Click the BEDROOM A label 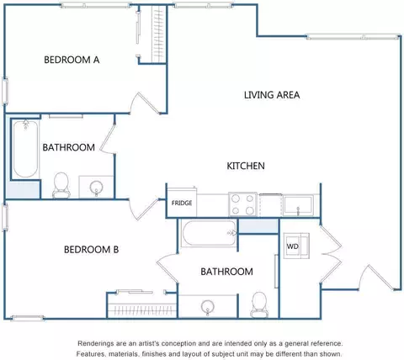pos(72,60)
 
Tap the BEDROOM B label pos(91,250)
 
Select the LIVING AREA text pos(272,95)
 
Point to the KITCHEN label pos(246,166)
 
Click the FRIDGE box pos(182,203)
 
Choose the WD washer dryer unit pos(296,246)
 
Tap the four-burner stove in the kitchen pos(242,204)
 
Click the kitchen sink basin pos(298,206)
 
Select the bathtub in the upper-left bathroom pos(25,149)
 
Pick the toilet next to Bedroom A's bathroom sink pos(61,185)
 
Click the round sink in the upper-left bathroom pos(96,188)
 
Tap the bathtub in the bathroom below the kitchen pos(210,233)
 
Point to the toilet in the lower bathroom pos(259,304)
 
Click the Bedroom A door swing pos(145,103)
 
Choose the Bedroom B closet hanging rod pos(142,310)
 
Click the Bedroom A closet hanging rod pos(159,34)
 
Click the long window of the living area pos(353,37)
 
